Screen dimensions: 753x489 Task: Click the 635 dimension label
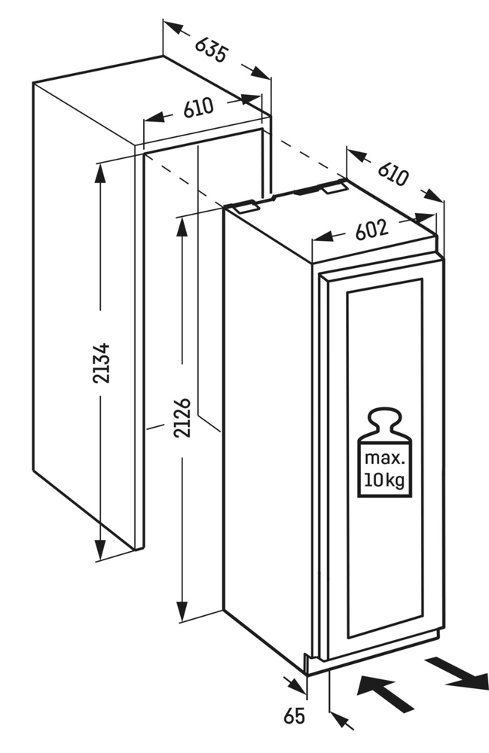[211, 50]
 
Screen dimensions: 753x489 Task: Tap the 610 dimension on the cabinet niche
[198, 108]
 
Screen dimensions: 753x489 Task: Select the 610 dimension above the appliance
[393, 175]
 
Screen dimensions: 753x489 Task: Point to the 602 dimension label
[371, 229]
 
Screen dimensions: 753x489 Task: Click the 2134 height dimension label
[100, 363]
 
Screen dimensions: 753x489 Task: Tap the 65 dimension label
[295, 715]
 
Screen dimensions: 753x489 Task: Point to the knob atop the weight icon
[385, 416]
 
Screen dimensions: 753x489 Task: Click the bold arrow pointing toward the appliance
[385, 694]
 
